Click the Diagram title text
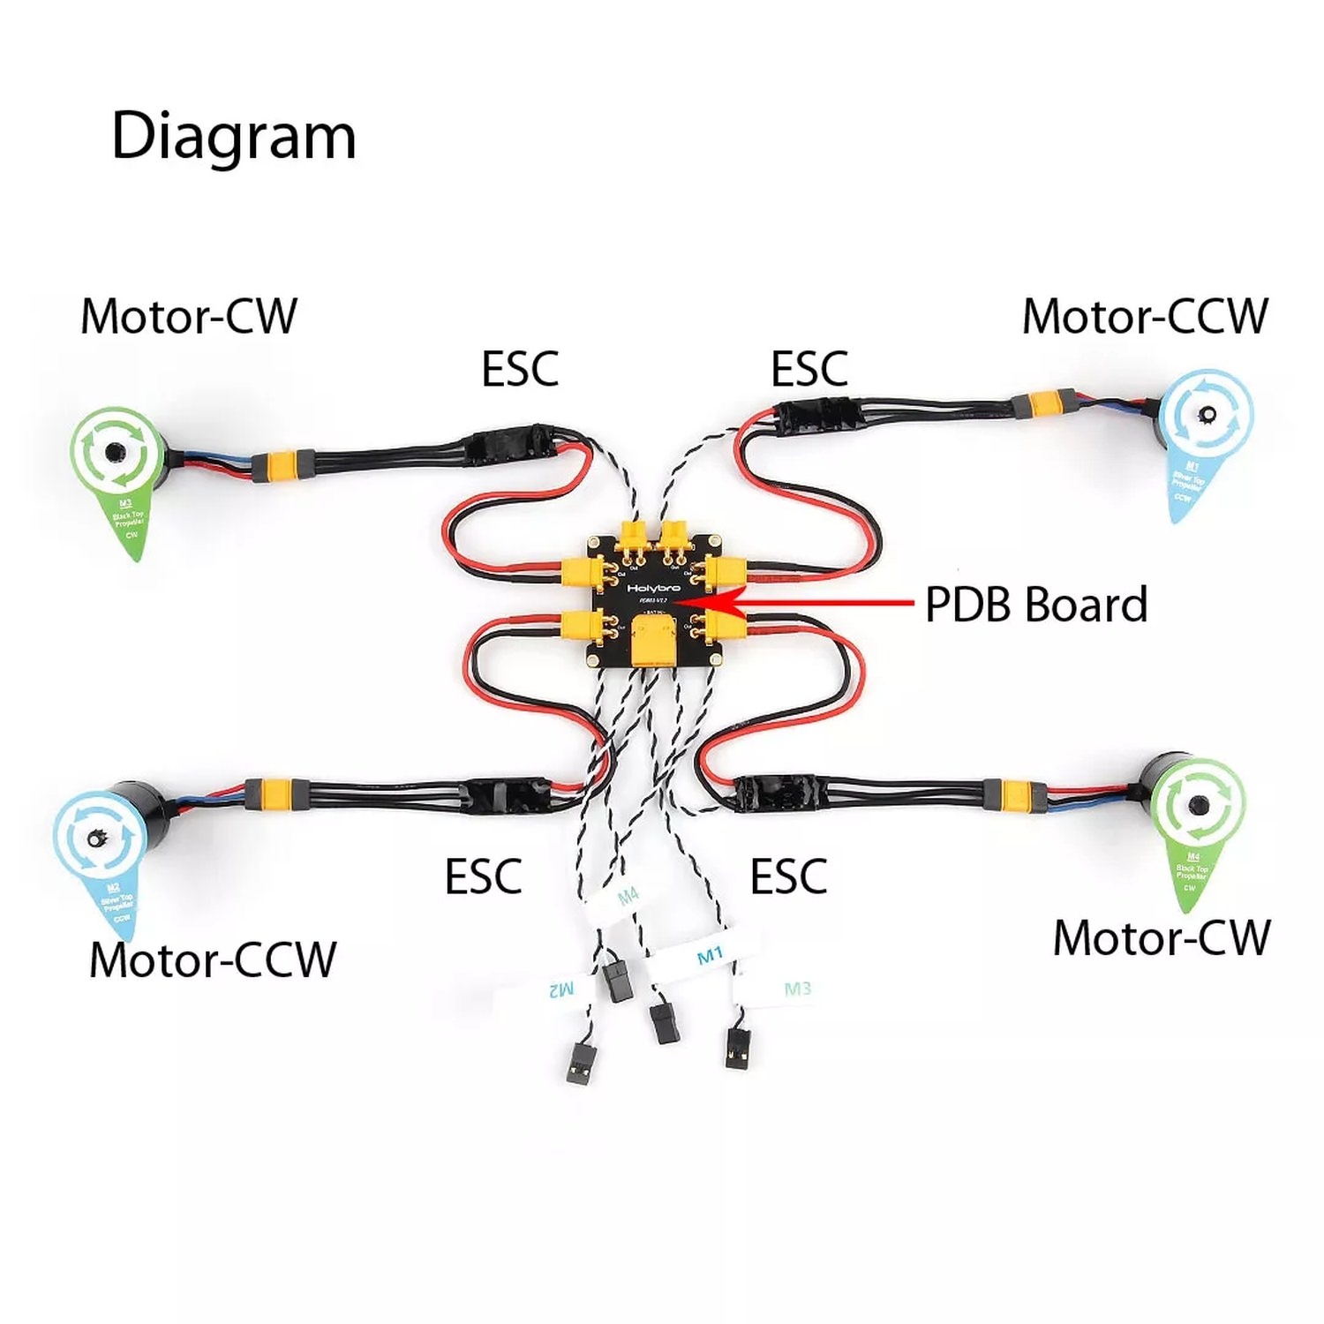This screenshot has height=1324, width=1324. pyautogui.click(x=233, y=137)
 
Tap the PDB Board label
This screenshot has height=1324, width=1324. pyautogui.click(x=1035, y=606)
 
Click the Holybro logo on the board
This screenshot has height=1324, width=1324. pyautogui.click(x=653, y=586)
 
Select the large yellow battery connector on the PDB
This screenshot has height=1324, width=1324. pyautogui.click(x=653, y=641)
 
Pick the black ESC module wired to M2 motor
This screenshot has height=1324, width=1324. pyautogui.click(x=508, y=794)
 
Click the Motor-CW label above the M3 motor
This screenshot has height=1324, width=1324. pyautogui.click(x=188, y=316)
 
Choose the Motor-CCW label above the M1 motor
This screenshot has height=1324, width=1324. pyautogui.click(x=1145, y=316)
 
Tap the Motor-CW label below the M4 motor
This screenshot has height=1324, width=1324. pyautogui.click(x=1161, y=937)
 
